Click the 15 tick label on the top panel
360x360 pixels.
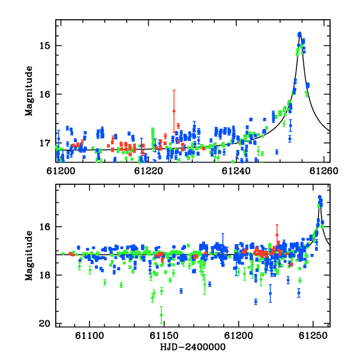45,46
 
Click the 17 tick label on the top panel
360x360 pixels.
45,143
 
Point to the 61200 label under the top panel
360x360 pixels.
61,171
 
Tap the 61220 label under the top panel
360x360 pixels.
149,171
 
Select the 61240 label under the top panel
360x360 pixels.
236,171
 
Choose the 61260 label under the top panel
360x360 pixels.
324,171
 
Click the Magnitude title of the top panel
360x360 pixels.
29,91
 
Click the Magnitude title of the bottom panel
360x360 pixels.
29,256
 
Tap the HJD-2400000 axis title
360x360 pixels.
193,347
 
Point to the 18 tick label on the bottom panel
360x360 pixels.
45,275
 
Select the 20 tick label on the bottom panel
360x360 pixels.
45,324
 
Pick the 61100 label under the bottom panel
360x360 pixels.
89,335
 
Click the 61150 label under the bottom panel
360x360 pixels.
164,335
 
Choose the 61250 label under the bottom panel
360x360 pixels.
313,335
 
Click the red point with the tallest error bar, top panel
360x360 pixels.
174,111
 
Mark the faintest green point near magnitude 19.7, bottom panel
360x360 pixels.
161,315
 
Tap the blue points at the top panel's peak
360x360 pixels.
299,34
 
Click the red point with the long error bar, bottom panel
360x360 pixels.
277,235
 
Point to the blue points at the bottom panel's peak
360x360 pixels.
320,197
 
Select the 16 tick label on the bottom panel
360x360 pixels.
45,227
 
